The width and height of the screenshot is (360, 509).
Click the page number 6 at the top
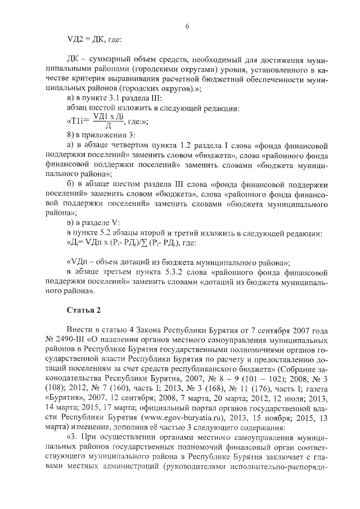pos(187,26)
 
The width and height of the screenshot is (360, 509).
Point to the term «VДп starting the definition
pos(81,263)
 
